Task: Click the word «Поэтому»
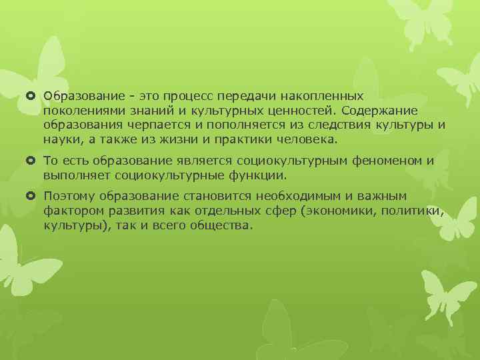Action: click(x=69, y=196)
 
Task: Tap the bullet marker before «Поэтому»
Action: click(x=32, y=196)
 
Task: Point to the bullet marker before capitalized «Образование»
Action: click(x=32, y=97)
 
